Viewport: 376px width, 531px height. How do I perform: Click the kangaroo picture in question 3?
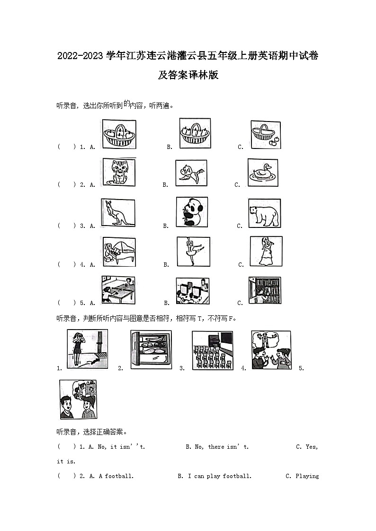118,213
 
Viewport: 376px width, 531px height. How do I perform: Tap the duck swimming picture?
263,173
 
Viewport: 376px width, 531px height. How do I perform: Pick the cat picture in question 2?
119,172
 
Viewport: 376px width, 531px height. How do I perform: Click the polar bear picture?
264,213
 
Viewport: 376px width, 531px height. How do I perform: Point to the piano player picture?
119,252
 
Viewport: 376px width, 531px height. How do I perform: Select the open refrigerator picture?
151,349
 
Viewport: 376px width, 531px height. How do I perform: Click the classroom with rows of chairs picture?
213,350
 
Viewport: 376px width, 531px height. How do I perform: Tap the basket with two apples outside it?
266,134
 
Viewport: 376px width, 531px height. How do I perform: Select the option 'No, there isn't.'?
222,447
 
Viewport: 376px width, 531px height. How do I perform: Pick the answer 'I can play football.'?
220,476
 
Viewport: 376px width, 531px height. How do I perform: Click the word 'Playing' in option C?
307,476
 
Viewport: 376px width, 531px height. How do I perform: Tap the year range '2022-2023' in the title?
80,56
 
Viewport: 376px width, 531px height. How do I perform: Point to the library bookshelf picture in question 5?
265,290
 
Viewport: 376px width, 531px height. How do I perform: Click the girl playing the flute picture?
266,251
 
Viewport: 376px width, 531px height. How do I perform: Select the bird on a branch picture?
191,173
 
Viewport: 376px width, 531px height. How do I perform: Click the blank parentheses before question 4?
67,264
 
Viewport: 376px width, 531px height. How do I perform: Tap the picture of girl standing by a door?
88,349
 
